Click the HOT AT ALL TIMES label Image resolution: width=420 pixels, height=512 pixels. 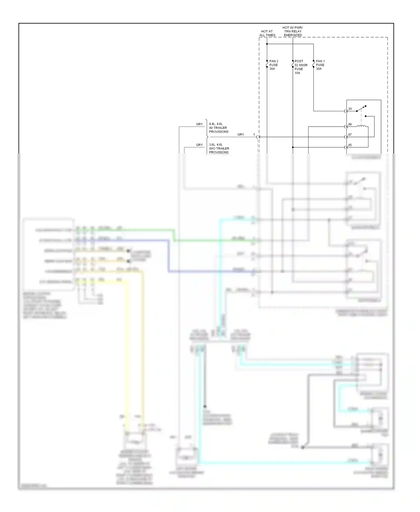point(267,33)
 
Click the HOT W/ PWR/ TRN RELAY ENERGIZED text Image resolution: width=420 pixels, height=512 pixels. point(293,31)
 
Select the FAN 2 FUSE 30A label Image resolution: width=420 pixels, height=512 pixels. point(274,65)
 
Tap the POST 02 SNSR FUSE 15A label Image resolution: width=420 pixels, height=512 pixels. point(301,67)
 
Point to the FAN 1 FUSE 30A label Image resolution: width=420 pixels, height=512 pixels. point(320,65)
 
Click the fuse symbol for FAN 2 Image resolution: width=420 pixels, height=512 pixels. point(267,64)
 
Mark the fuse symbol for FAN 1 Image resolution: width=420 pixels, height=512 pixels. point(314,64)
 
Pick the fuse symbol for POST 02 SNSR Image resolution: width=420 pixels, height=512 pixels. point(293,64)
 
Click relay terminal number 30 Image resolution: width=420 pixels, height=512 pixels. point(350,109)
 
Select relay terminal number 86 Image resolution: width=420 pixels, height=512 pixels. point(350,124)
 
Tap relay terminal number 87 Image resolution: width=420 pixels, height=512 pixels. point(350,135)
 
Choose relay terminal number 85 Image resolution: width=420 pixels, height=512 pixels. point(350,145)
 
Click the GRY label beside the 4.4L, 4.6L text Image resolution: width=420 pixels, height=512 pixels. point(199,124)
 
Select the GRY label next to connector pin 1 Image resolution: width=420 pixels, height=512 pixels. point(241,134)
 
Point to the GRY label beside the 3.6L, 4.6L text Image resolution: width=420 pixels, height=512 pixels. point(199,145)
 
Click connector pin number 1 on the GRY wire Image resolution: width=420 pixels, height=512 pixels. point(254,134)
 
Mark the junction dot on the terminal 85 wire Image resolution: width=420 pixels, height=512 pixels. point(293,147)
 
